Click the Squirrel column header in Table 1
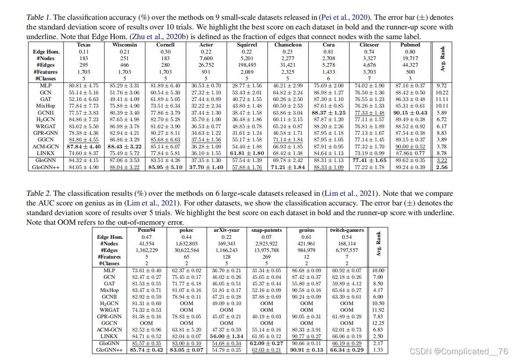tap(247, 45)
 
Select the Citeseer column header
tap(369, 45)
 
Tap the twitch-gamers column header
tap(347, 230)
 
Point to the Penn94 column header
tap(147, 230)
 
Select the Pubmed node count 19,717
tap(410, 58)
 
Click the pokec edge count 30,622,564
tap(186, 250)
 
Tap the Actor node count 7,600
tap(206, 58)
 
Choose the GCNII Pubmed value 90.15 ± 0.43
tap(410, 112)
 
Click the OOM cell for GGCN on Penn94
tap(147, 323)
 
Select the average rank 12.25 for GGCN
tap(378, 323)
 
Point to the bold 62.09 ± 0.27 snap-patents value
tap(267, 343)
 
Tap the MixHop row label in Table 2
tap(109, 290)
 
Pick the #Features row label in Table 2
tap(109, 257)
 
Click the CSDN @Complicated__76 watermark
tap(459, 351)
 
